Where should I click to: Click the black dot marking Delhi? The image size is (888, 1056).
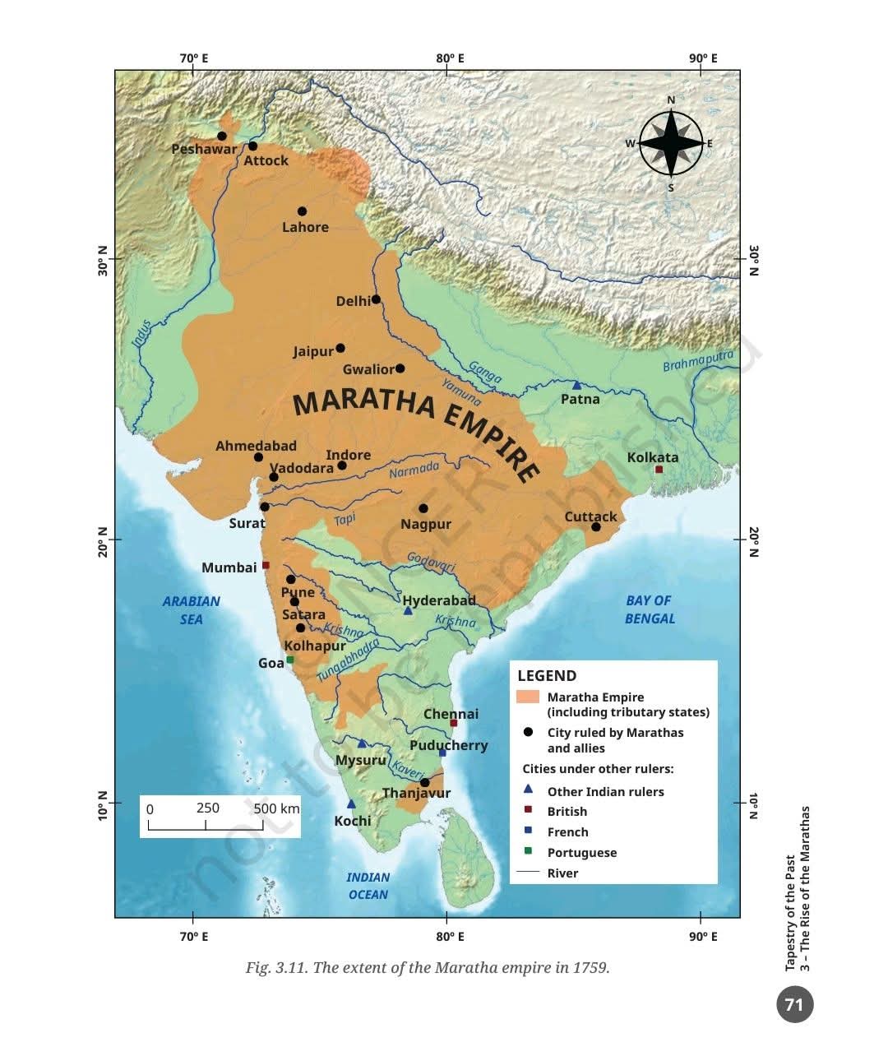pyautogui.click(x=376, y=299)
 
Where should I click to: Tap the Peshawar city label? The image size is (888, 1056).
pyautogui.click(x=203, y=149)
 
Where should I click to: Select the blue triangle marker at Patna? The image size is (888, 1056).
pyautogui.click(x=576, y=385)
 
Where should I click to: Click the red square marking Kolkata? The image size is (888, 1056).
pyautogui.click(x=659, y=470)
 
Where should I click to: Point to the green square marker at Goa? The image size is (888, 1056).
pyautogui.click(x=289, y=660)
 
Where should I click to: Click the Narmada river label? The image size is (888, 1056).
pyautogui.click(x=414, y=470)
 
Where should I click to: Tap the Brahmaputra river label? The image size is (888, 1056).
pyautogui.click(x=697, y=361)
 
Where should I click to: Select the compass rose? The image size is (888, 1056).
pyautogui.click(x=671, y=144)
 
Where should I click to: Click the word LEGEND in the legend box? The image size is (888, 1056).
pyautogui.click(x=547, y=676)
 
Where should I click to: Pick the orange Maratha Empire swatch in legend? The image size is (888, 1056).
pyautogui.click(x=527, y=697)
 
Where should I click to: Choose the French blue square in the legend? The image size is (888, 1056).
pyautogui.click(x=528, y=831)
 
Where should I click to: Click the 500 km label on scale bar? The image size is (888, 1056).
pyautogui.click(x=276, y=808)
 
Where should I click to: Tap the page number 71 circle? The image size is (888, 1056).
pyautogui.click(x=793, y=1004)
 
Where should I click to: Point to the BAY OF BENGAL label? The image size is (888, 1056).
pyautogui.click(x=649, y=609)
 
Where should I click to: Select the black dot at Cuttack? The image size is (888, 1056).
pyautogui.click(x=596, y=526)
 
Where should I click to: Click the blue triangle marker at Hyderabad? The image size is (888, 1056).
pyautogui.click(x=408, y=610)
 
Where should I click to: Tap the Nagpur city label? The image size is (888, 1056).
pyautogui.click(x=426, y=524)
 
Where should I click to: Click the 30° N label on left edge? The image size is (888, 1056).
pyautogui.click(x=103, y=259)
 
